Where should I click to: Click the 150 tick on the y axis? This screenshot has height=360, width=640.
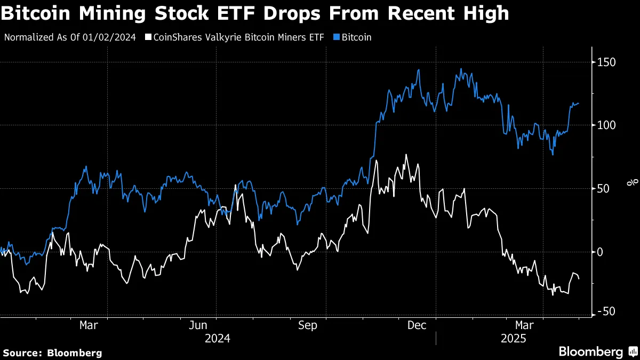coord(607,62)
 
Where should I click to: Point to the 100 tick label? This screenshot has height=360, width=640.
coord(607,125)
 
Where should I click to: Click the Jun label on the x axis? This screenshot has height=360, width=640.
coord(198,325)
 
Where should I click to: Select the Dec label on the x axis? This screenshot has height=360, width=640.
coord(417,325)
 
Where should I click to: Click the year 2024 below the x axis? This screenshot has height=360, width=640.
coord(217,339)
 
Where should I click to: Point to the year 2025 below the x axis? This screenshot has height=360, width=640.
coord(513,339)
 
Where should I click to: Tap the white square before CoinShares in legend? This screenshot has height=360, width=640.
coord(148,38)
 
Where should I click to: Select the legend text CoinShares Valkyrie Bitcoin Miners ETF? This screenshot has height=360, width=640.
coord(238,38)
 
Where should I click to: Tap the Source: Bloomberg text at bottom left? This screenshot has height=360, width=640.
coord(52,353)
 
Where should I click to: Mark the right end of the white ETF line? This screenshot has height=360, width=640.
coord(579,278)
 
